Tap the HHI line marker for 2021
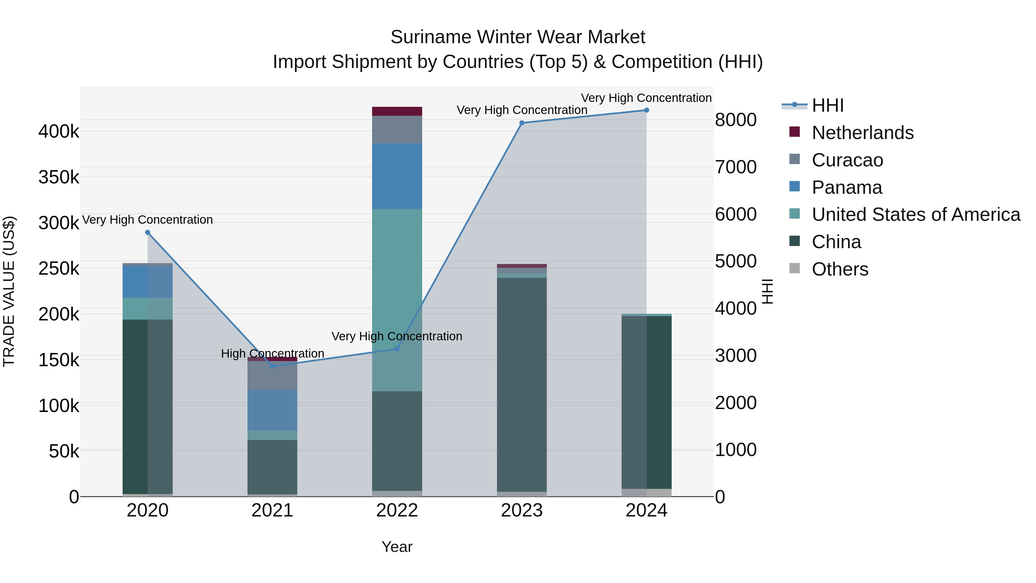[272, 366]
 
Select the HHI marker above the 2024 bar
[646, 110]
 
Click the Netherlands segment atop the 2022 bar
[397, 111]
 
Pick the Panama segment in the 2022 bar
[397, 176]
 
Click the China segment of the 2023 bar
[522, 384]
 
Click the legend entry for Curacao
[847, 160]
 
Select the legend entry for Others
[840, 269]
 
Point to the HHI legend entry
[827, 105]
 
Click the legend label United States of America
[916, 214]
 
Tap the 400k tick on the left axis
[59, 132]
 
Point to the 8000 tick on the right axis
[736, 120]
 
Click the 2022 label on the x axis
[397, 510]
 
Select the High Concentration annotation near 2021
[272, 354]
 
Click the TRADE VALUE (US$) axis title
[9, 291]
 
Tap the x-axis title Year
[397, 547]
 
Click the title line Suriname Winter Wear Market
[518, 37]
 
